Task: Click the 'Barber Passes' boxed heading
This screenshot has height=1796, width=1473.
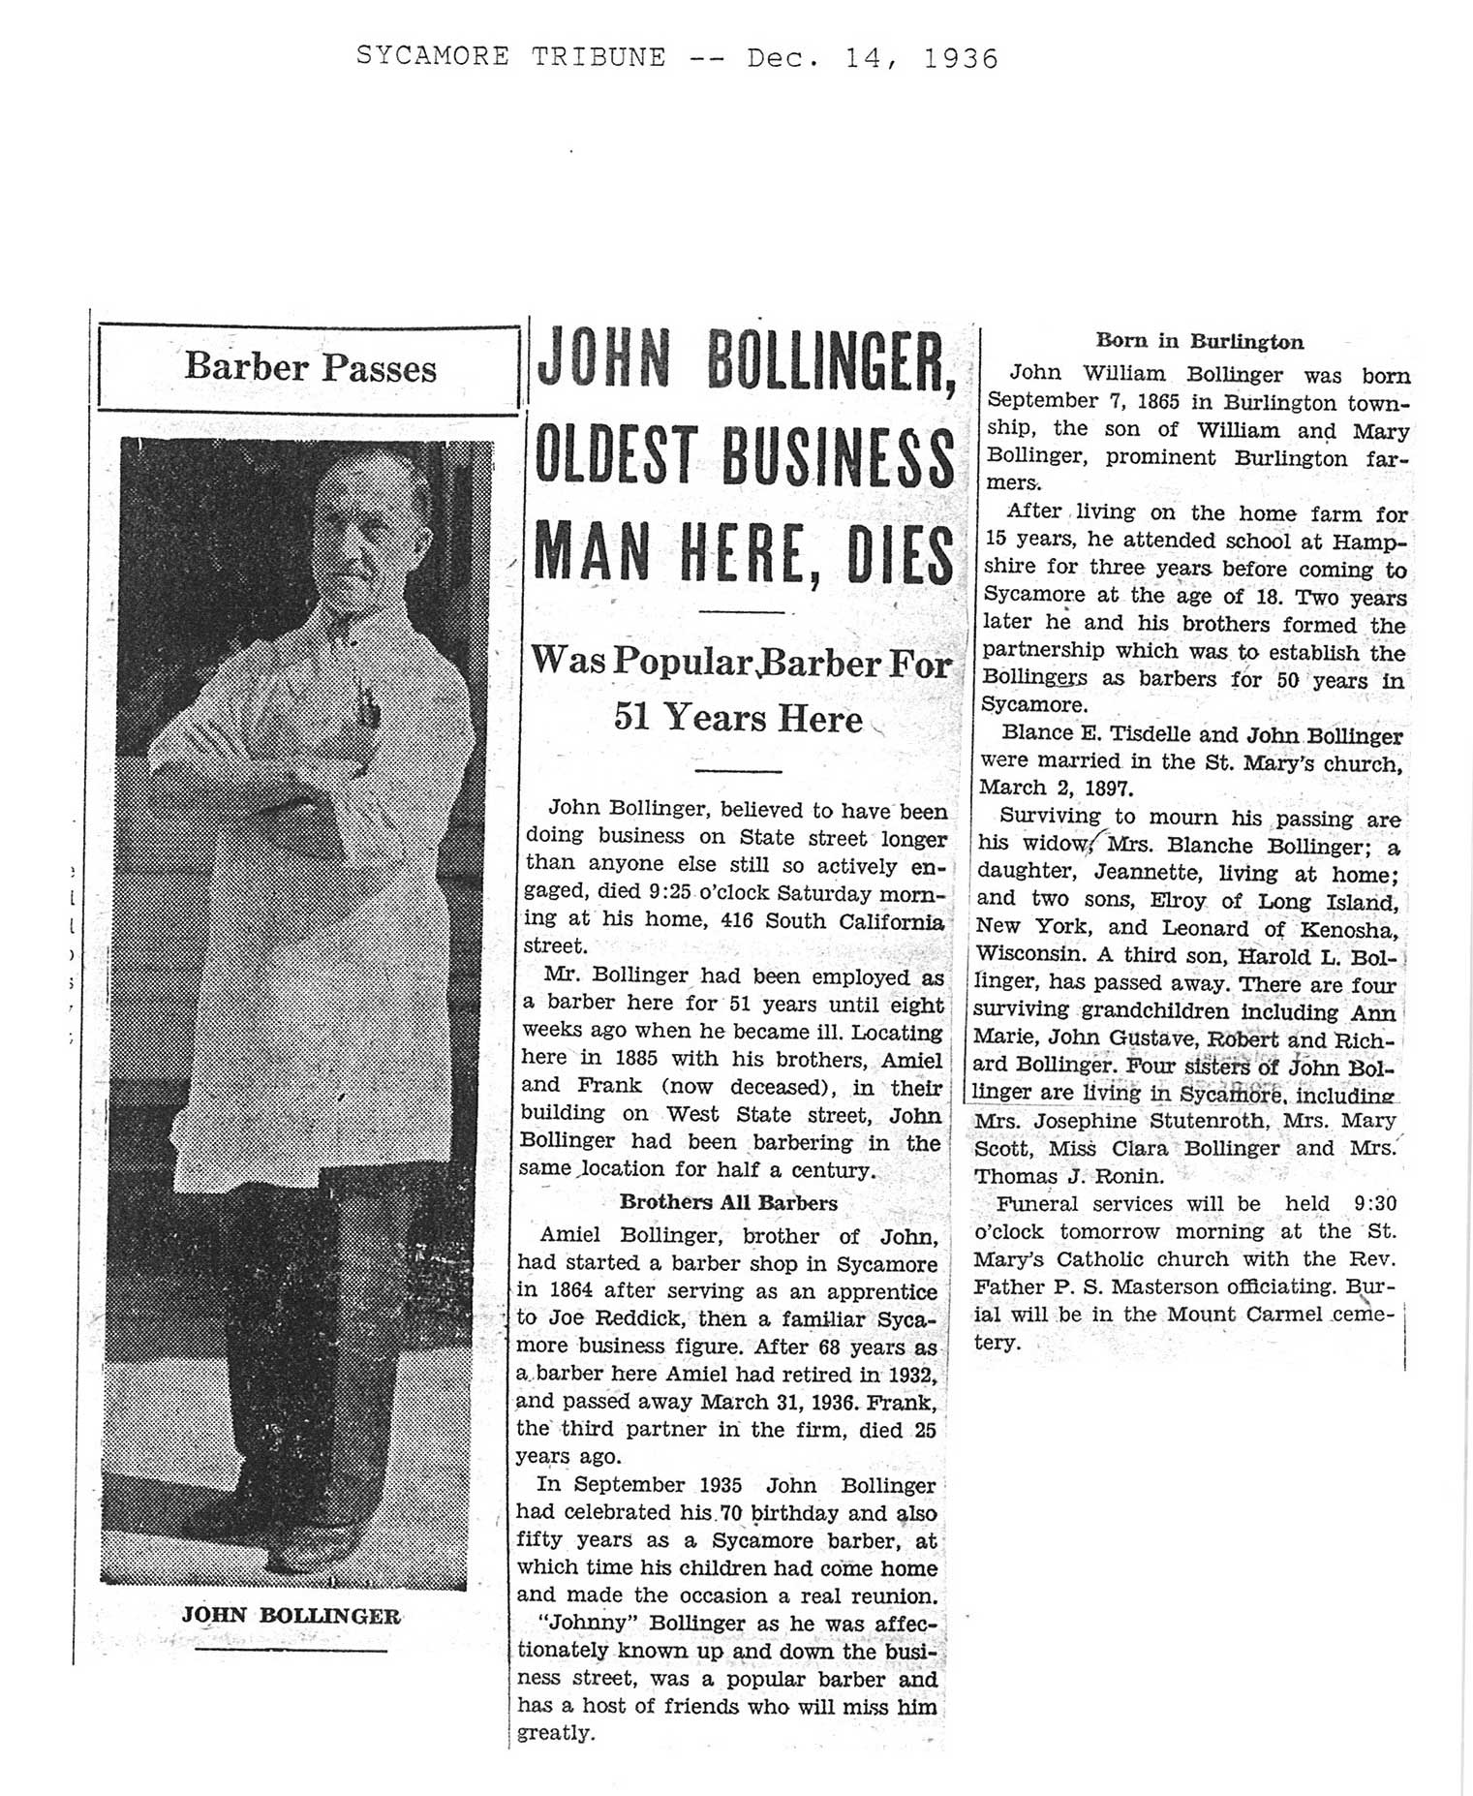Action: pos(310,368)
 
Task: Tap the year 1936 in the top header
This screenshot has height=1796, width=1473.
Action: pos(960,58)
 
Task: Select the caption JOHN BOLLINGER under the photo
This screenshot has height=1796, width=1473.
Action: pos(291,1615)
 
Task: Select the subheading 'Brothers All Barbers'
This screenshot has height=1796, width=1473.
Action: pos(728,1203)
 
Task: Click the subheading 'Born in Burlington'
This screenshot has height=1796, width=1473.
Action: pos(1199,341)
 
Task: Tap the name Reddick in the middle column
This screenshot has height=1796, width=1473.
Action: pos(589,1317)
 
